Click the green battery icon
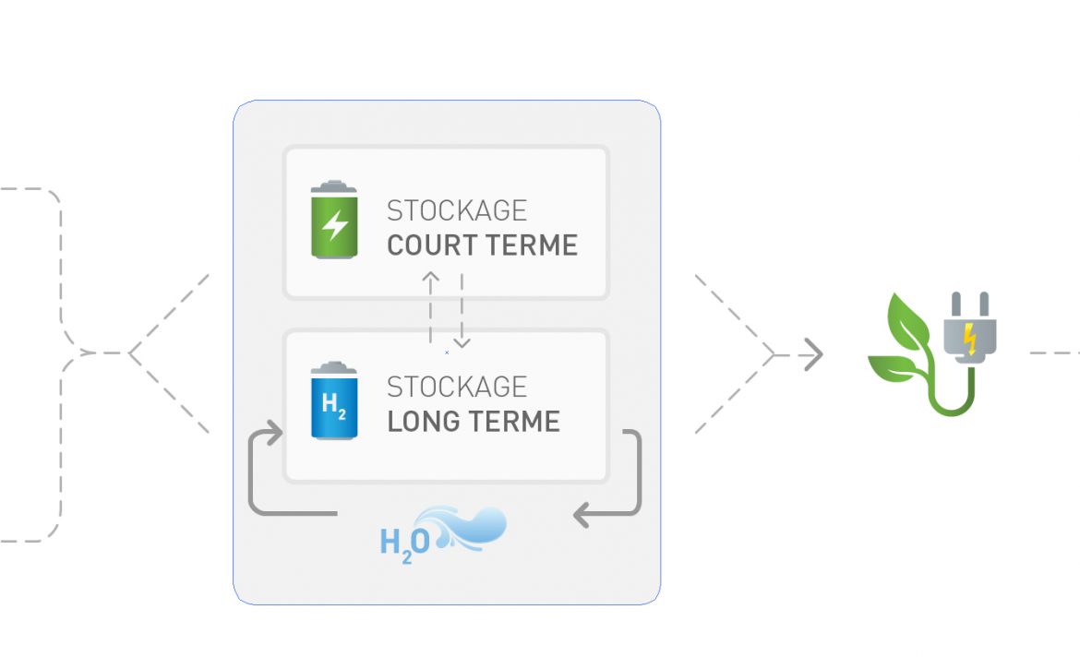tap(334, 220)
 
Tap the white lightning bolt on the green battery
tap(335, 224)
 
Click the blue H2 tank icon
tap(334, 400)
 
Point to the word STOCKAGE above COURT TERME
tap(457, 210)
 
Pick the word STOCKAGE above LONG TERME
tap(457, 387)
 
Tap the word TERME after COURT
tap(531, 245)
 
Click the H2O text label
tap(405, 544)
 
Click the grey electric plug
tap(970, 327)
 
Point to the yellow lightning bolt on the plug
tap(970, 339)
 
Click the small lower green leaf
tap(892, 367)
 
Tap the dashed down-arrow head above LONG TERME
tap(462, 342)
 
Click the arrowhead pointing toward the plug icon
tap(815, 354)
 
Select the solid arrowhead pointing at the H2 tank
tap(275, 433)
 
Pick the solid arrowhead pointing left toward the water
tap(582, 515)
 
